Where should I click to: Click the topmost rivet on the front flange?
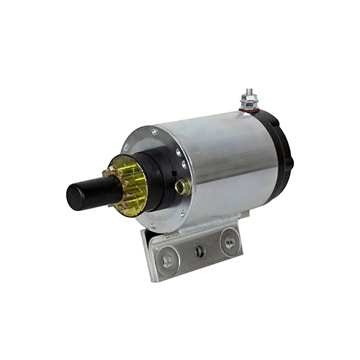(155, 132)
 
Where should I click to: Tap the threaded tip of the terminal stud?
(248, 92)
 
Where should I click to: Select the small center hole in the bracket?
(201, 251)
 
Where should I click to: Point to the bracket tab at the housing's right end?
(245, 215)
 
